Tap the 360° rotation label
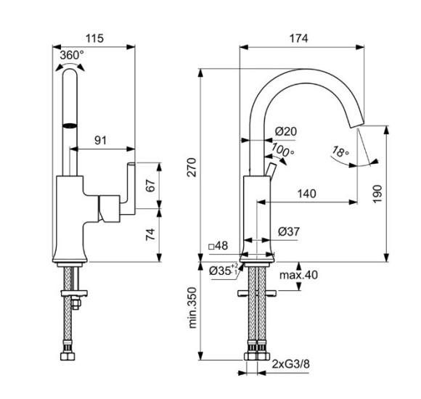click(x=71, y=54)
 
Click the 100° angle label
click(x=283, y=151)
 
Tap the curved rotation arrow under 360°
click(x=70, y=67)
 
